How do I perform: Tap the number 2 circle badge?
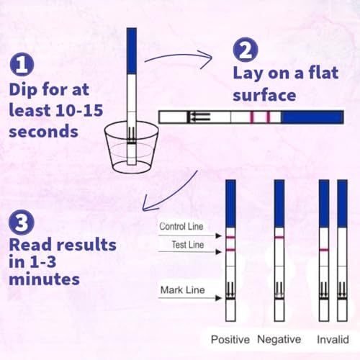pos(243,51)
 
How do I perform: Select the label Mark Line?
pos(184,290)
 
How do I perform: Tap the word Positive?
pos(229,339)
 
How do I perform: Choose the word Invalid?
pos(329,339)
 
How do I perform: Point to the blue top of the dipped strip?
pos(131,50)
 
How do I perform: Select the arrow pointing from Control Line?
pos(214,233)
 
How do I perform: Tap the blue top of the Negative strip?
pos(279,203)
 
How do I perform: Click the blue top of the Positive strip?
pos(230,203)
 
